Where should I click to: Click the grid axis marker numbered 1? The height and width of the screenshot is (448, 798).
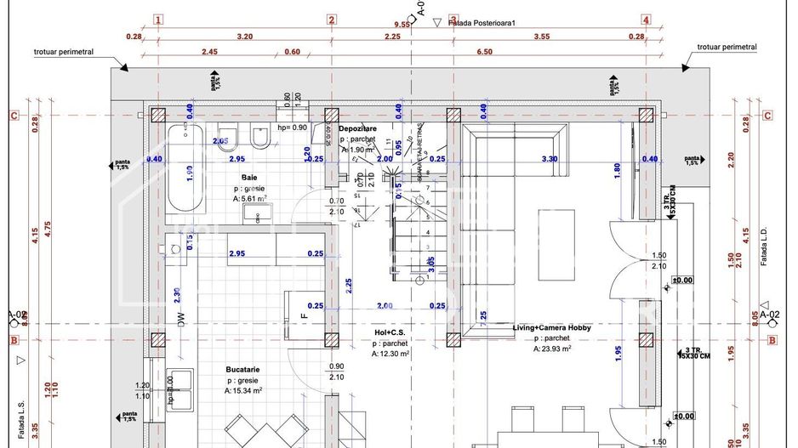tap(158, 19)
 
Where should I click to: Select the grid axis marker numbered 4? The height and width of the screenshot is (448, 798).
tap(646, 19)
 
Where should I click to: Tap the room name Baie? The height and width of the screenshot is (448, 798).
tap(249, 177)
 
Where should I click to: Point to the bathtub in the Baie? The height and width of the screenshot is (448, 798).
tap(184, 169)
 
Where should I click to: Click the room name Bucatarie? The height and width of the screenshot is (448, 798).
tap(244, 370)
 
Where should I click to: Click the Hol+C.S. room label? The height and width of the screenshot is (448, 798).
tap(391, 332)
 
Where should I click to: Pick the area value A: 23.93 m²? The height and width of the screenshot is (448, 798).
tap(552, 349)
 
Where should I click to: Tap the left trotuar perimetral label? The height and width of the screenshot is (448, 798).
tap(64, 52)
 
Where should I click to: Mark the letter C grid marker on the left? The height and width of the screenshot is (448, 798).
tap(13, 116)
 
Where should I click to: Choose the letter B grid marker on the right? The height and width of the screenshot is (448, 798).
tap(772, 341)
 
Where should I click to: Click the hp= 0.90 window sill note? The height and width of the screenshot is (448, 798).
tap(292, 128)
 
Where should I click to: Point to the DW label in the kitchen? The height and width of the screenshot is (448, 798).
tap(180, 318)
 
